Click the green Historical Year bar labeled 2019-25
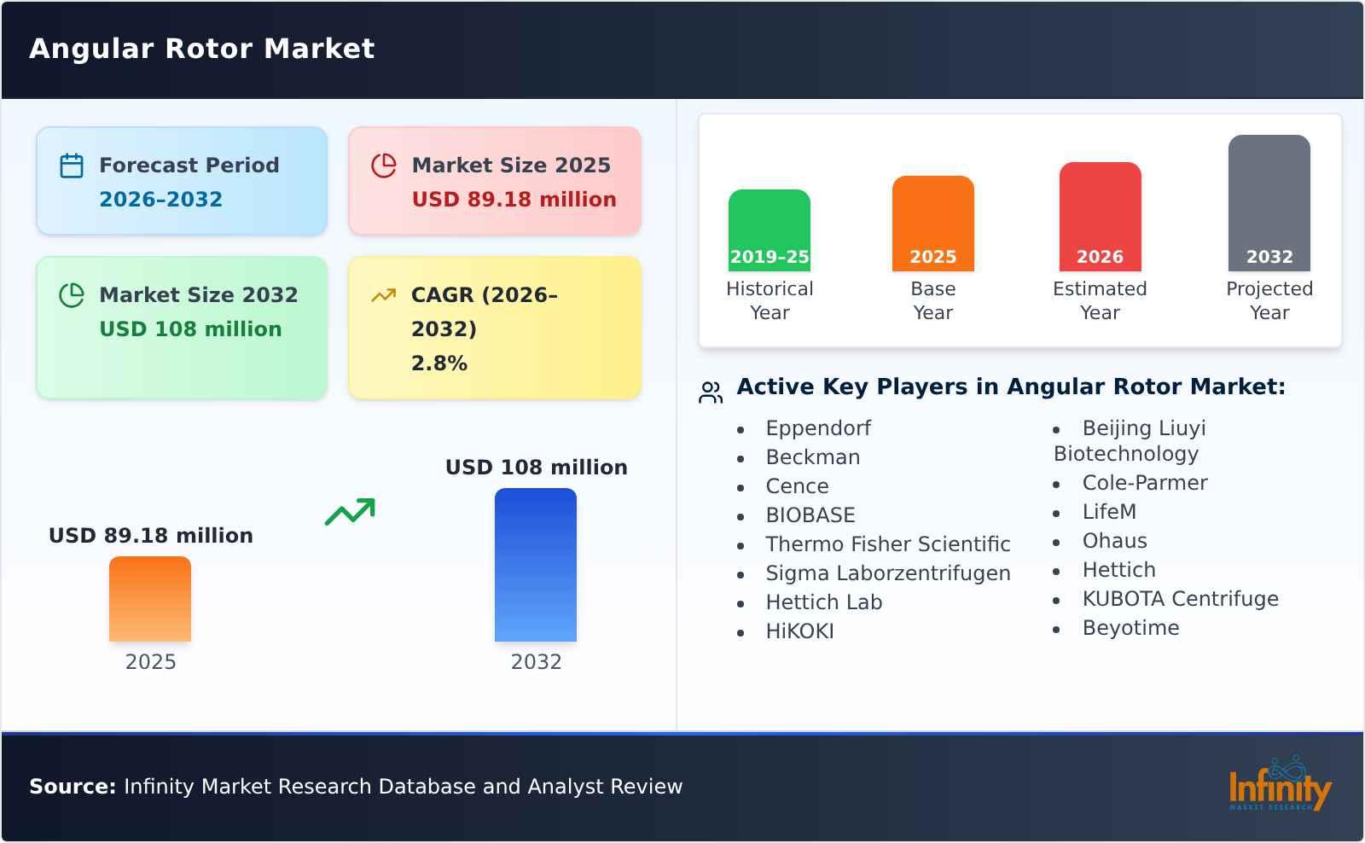click(x=769, y=230)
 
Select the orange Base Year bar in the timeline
click(x=932, y=224)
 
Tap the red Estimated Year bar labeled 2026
click(x=1100, y=217)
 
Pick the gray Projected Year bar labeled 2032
click(x=1269, y=203)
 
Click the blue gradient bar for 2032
click(x=536, y=565)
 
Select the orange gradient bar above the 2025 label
click(x=150, y=599)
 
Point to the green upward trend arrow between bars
click(x=350, y=512)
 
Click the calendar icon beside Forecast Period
click(x=72, y=166)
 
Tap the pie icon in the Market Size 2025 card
click(x=384, y=166)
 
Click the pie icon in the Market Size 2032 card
click(x=72, y=295)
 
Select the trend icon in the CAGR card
click(x=383, y=295)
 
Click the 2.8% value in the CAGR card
click(x=439, y=363)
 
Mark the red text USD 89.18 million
click(x=514, y=200)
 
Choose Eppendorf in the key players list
click(x=818, y=428)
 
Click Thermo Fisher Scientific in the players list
click(x=887, y=544)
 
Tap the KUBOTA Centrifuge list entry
click(x=1180, y=599)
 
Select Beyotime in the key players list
click(x=1130, y=628)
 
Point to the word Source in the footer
click(x=73, y=787)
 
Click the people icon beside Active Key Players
click(x=711, y=392)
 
